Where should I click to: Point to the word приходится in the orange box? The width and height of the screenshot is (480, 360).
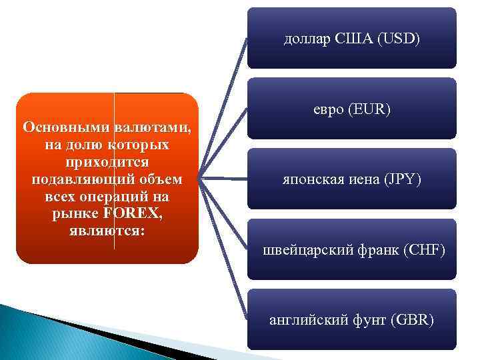tap(107, 163)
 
